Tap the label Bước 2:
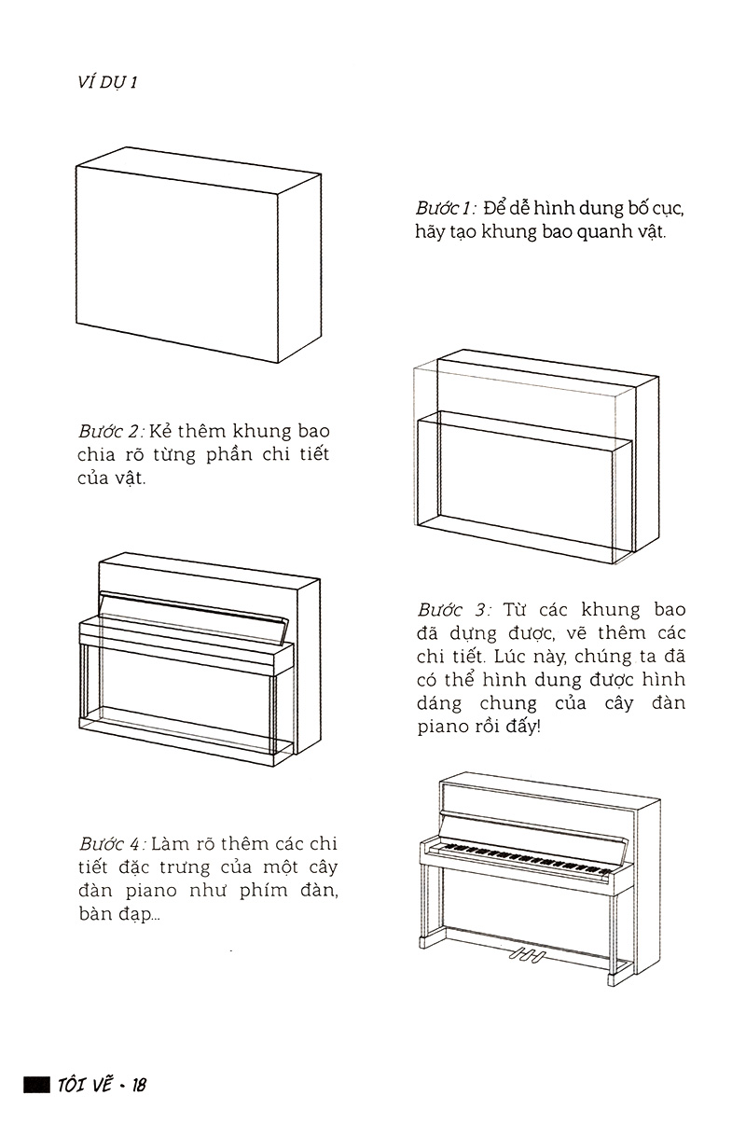click(110, 432)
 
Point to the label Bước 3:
click(453, 610)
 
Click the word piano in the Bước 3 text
click(442, 727)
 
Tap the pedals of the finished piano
click(525, 954)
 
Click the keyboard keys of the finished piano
click(522, 856)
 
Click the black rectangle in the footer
click(35, 1085)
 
